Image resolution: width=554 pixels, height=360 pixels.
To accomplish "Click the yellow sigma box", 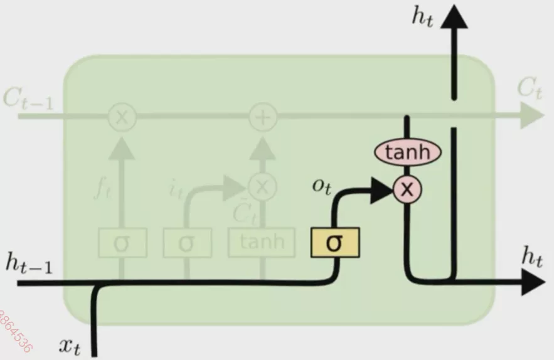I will [335, 243].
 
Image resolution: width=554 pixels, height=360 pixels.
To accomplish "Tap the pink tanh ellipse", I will [408, 152].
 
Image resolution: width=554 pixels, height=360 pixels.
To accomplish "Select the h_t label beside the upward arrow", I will [422, 16].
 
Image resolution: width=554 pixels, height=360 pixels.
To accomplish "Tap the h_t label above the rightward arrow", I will [531, 258].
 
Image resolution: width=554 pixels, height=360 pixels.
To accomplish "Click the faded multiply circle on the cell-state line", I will [122, 116].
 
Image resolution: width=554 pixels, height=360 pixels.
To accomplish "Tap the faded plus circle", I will [263, 116].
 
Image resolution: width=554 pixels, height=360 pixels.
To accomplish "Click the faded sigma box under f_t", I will [122, 243].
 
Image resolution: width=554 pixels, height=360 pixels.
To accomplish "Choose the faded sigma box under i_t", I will [186, 243].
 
